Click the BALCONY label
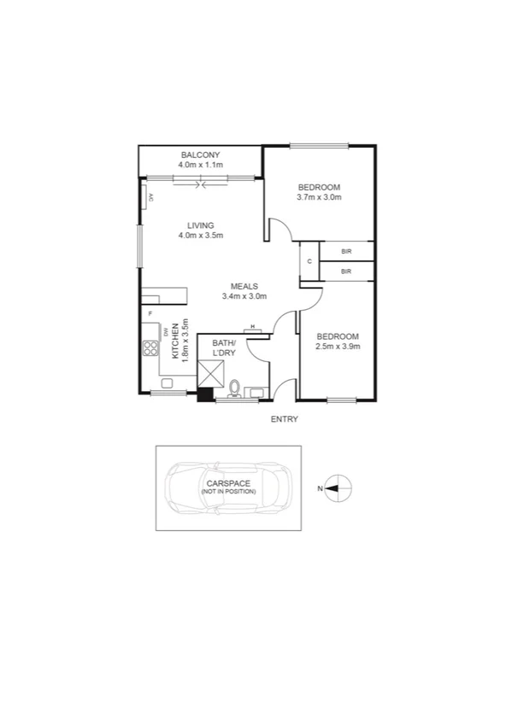click(x=201, y=154)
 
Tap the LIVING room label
click(x=201, y=225)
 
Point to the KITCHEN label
click(x=174, y=342)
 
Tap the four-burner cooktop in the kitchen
click(x=150, y=347)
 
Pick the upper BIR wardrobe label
click(x=346, y=252)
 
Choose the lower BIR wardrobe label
click(x=346, y=271)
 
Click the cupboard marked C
click(x=309, y=261)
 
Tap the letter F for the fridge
click(x=150, y=314)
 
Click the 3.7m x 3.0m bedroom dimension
click(x=319, y=198)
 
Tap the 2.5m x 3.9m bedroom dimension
click(x=338, y=347)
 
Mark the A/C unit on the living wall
click(x=150, y=198)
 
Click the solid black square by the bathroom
click(x=204, y=394)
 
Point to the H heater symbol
click(x=253, y=327)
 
